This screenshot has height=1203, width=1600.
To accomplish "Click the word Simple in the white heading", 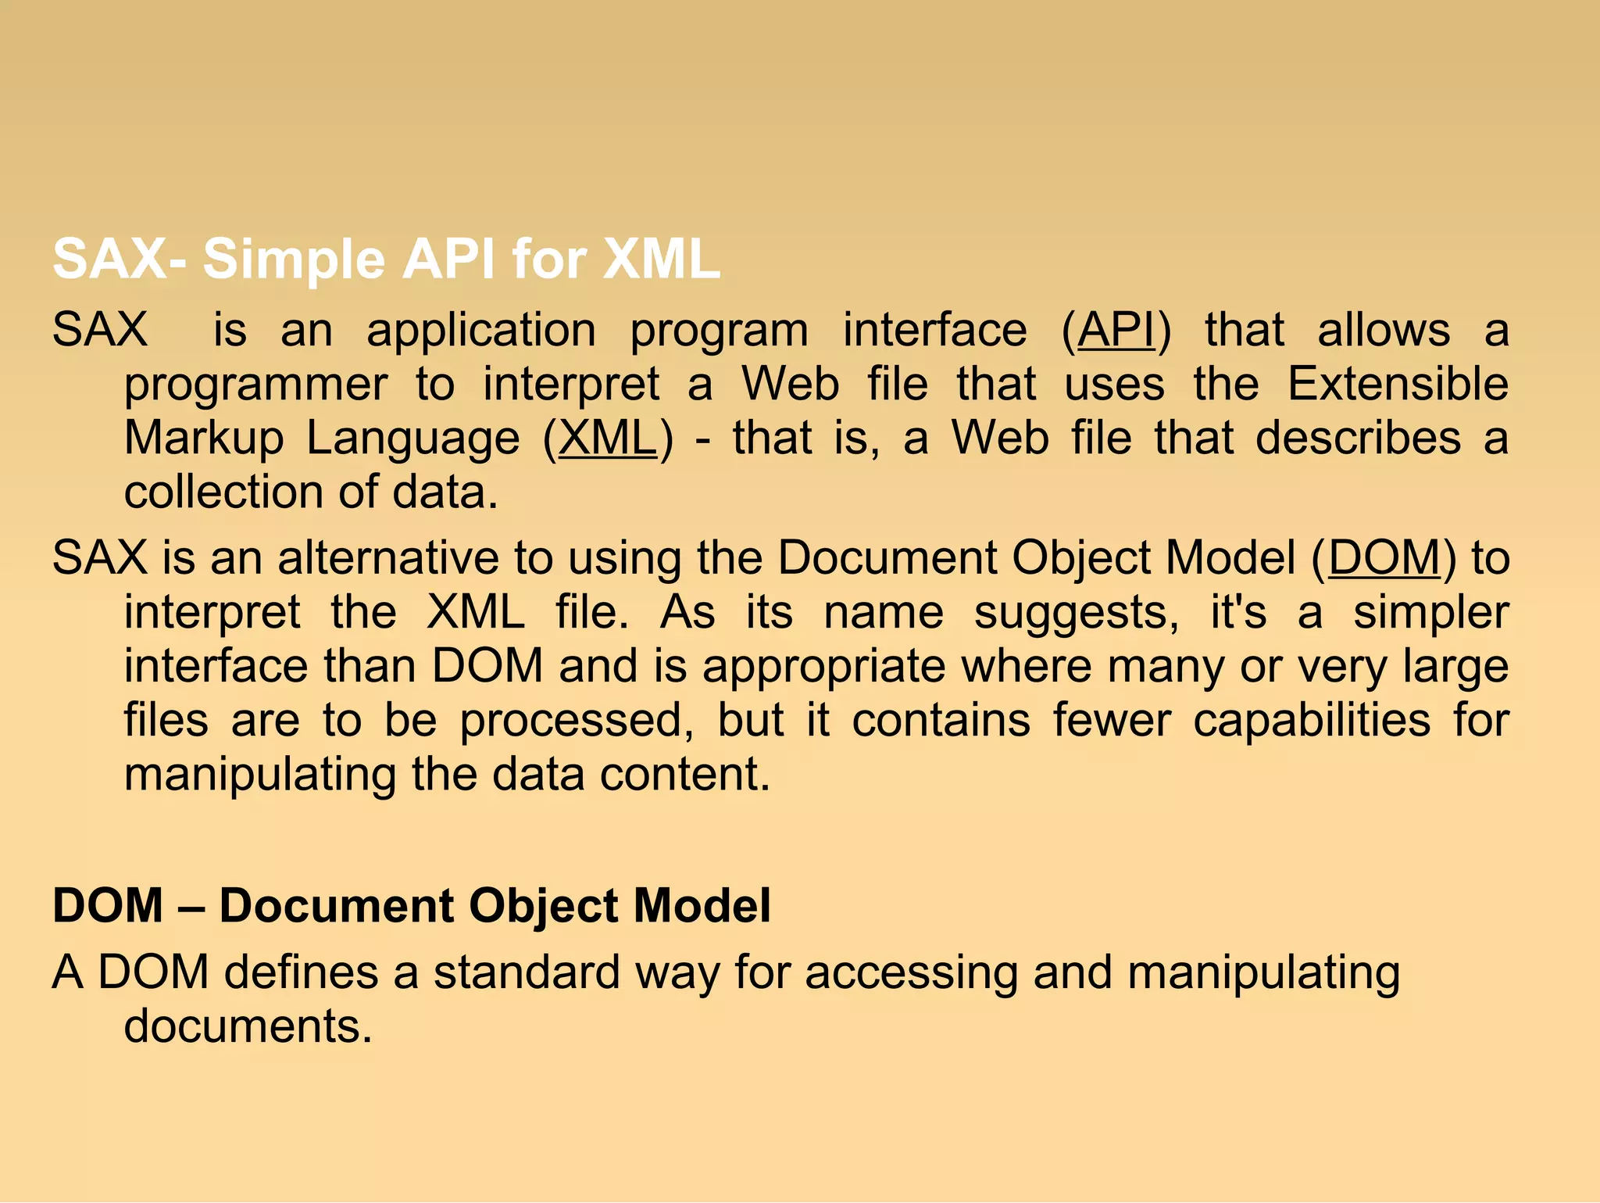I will pos(294,260).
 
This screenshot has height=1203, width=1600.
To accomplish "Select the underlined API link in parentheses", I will pos(1116,330).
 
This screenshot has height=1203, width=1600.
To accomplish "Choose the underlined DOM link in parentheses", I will pos(1384,558).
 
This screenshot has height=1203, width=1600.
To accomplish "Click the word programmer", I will pos(256,385).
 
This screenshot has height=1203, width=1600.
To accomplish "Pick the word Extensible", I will pos(1398,384).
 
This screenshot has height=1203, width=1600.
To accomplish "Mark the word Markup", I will pos(204,439).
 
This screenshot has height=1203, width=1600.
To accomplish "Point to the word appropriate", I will pos(824,668).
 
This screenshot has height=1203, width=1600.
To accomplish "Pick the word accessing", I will pos(911,974).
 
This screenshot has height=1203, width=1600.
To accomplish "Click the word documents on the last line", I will pos(248,1026).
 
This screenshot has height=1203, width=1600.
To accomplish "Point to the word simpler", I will pos(1430,614).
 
